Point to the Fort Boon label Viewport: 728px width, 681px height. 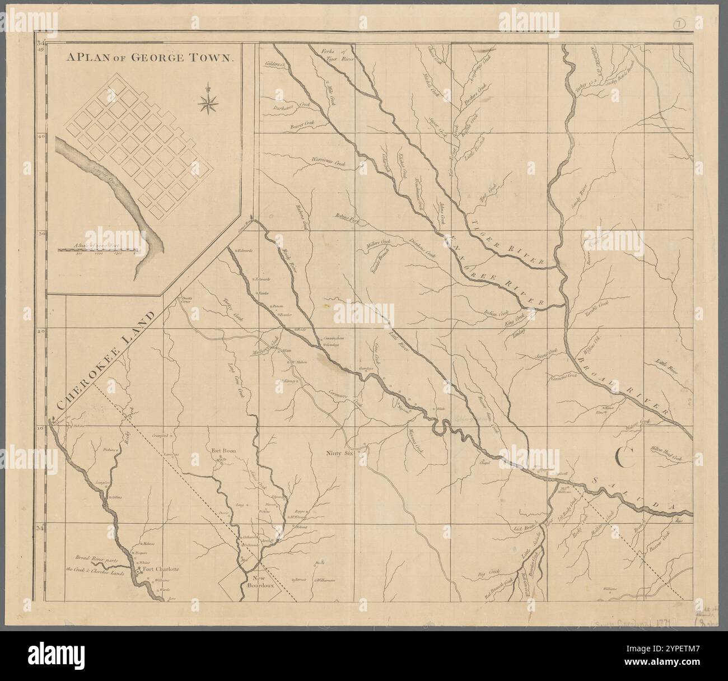pos(222,450)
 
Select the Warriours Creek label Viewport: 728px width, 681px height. pos(328,161)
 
